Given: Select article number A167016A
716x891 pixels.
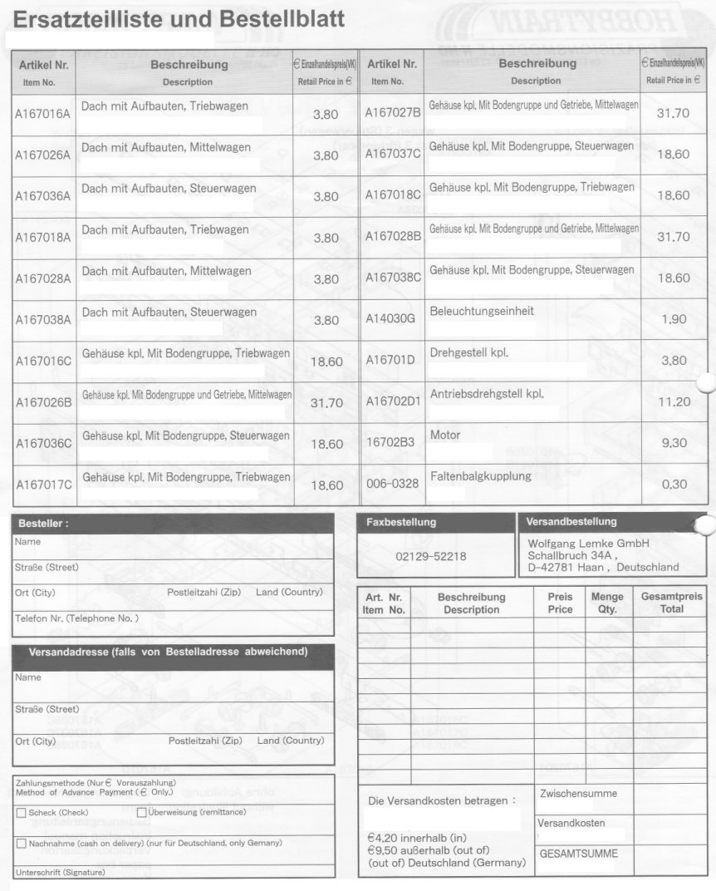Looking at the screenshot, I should (x=42, y=114).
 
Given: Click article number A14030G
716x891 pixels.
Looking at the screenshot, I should (x=390, y=318).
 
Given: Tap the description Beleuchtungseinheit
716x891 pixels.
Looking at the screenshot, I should (x=482, y=311).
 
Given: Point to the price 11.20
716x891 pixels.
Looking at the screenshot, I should (x=674, y=401).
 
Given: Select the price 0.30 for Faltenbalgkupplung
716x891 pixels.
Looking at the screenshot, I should (x=674, y=484).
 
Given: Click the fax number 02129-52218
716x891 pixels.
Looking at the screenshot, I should (x=431, y=556).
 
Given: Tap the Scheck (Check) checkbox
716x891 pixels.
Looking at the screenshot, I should (x=21, y=813).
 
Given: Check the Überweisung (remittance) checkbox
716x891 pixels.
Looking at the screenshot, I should (x=141, y=812).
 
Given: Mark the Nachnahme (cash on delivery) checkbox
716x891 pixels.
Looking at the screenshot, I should (x=21, y=843).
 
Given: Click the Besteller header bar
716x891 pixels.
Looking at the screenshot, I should (x=174, y=524).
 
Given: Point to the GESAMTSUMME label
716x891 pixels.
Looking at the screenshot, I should (x=579, y=854).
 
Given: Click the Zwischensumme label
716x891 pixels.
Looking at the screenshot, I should (x=578, y=794).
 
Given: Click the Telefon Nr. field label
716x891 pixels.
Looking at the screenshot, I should (x=76, y=618).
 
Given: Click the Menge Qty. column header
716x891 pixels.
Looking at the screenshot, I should (x=607, y=603).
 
